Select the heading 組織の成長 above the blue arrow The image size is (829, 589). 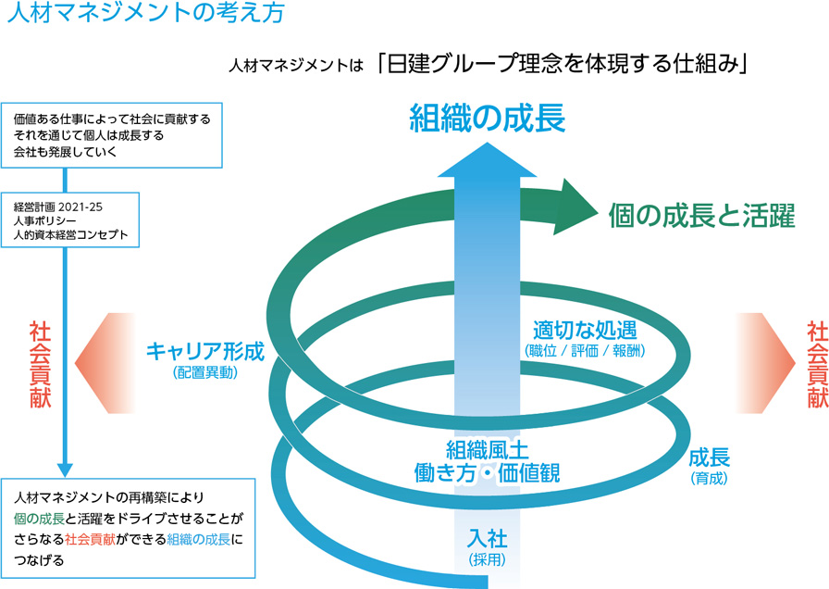tap(488, 119)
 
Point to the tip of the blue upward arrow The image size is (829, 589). tap(488, 149)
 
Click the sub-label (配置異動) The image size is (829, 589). tap(205, 373)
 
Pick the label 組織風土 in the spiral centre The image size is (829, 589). tap(487, 450)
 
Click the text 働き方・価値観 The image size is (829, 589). tap(487, 472)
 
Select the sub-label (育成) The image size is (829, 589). tap(710, 479)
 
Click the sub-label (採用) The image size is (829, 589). tap(488, 558)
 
